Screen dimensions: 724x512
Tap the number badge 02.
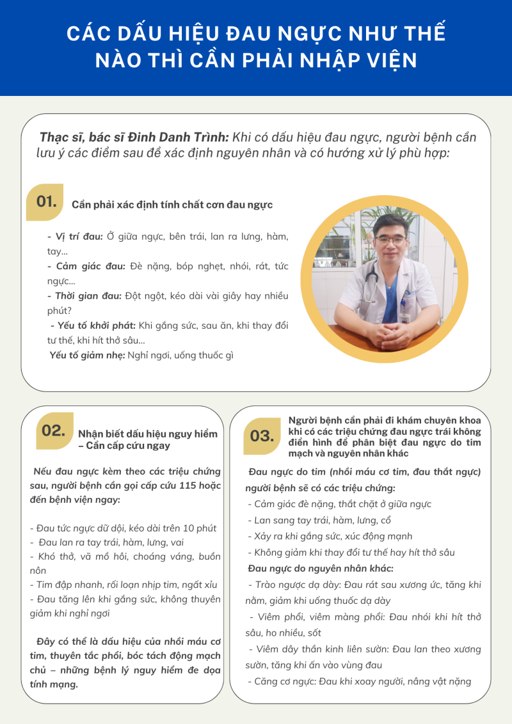[x=53, y=430]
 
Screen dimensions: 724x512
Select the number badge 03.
[x=262, y=436]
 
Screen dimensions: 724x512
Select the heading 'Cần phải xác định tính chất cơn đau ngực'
[x=172, y=205]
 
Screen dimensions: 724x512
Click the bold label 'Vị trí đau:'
[x=76, y=237]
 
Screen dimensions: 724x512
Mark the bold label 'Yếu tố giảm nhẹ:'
[x=87, y=355]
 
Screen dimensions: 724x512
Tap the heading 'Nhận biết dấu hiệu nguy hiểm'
[x=148, y=434]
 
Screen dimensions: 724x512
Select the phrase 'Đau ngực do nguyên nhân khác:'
[x=321, y=568]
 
